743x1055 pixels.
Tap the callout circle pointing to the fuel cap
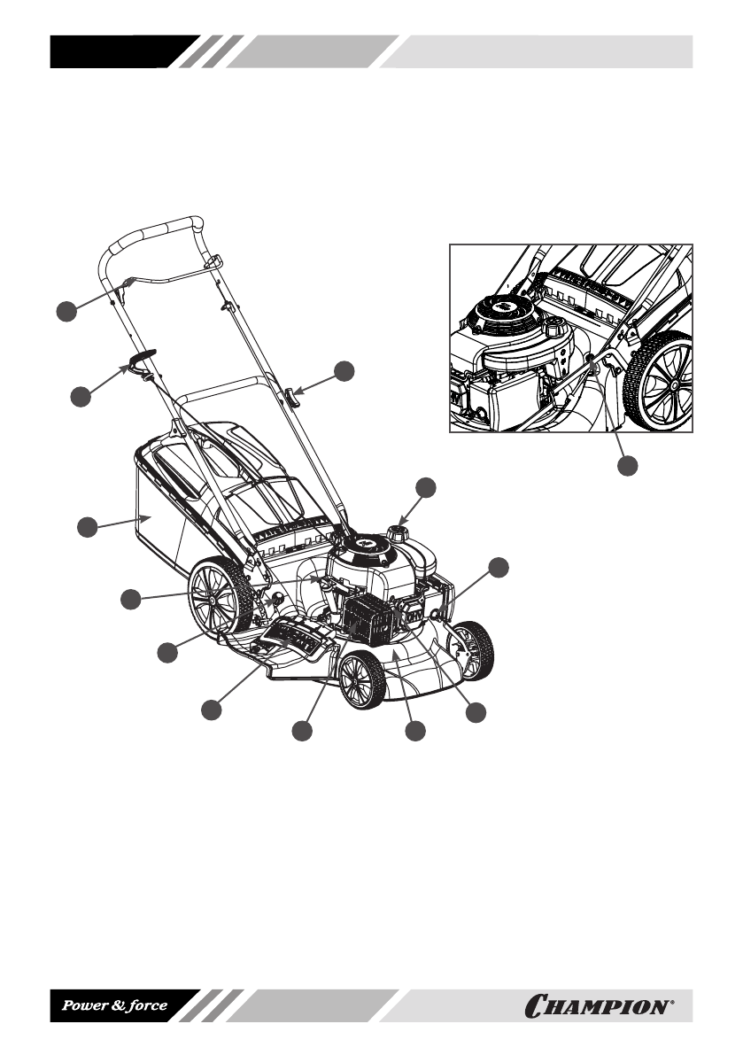[x=426, y=486]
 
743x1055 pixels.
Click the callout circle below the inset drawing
[x=628, y=464]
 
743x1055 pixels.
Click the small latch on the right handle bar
[x=290, y=394]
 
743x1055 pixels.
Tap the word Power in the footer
[x=84, y=1006]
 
